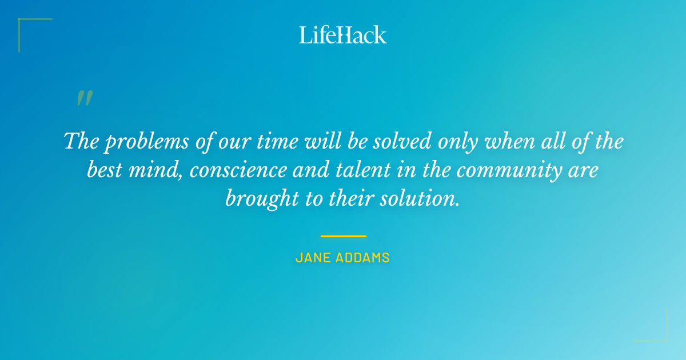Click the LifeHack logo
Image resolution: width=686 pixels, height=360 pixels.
[343, 35]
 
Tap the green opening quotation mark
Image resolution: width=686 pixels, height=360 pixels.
[84, 99]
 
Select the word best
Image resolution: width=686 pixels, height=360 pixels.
[106, 170]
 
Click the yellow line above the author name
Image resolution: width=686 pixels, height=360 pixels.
[343, 235]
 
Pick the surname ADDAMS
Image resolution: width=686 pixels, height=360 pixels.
[363, 258]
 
